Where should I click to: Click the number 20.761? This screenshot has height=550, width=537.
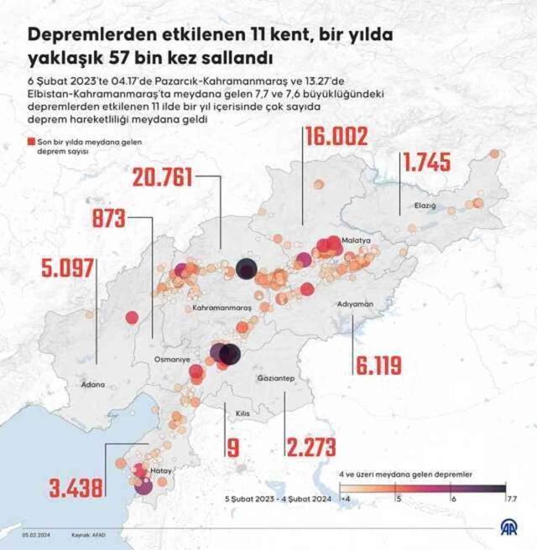(x=163, y=177)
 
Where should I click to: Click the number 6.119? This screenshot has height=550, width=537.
(x=378, y=365)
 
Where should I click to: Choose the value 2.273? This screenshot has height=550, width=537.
(x=310, y=447)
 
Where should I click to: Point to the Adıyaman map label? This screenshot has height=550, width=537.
(x=353, y=304)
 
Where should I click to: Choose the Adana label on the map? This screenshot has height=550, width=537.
(x=93, y=385)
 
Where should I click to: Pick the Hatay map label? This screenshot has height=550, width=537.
(x=161, y=471)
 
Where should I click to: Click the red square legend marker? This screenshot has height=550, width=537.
(x=31, y=143)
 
